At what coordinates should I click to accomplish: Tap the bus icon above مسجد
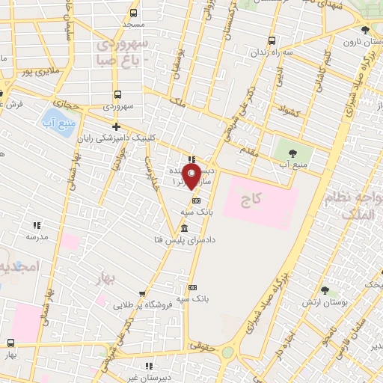click(133, 13)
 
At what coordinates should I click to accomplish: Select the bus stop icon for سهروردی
click(117, 95)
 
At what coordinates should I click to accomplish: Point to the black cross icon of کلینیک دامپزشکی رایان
click(115, 126)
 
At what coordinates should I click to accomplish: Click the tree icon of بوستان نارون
click(364, 31)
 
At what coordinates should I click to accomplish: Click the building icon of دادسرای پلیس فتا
click(184, 228)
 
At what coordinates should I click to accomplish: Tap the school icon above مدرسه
click(35, 224)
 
